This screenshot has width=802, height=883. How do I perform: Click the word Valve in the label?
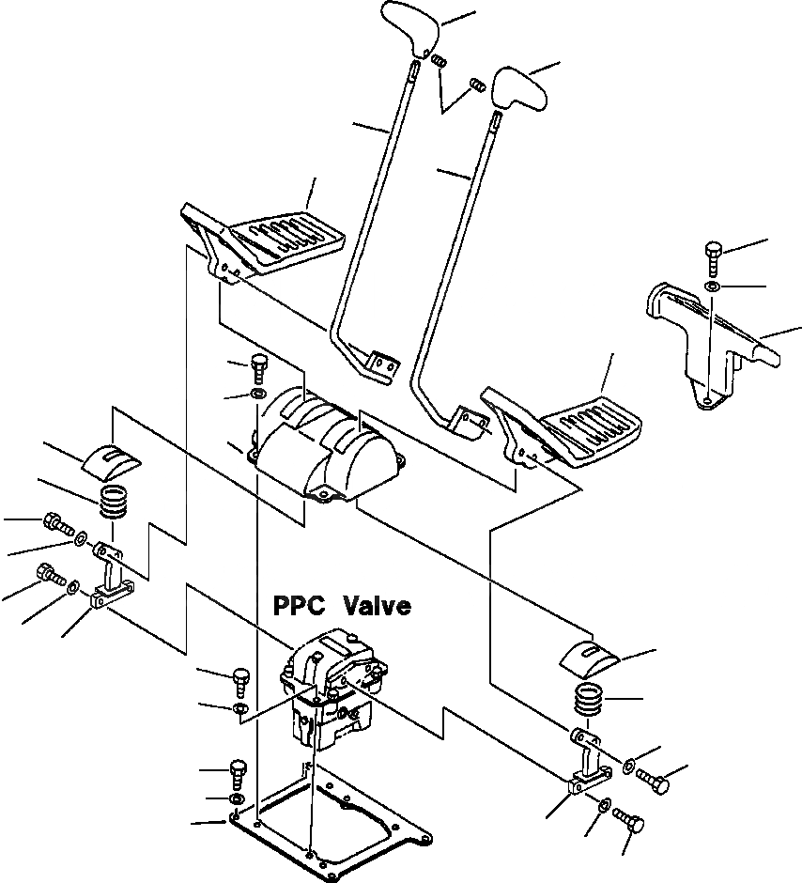[x=377, y=606]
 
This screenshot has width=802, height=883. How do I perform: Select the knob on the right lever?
[x=520, y=88]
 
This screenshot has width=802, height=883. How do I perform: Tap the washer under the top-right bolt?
[x=712, y=286]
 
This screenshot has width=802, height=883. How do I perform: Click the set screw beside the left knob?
[x=440, y=61]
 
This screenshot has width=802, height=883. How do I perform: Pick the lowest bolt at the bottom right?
[x=630, y=822]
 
